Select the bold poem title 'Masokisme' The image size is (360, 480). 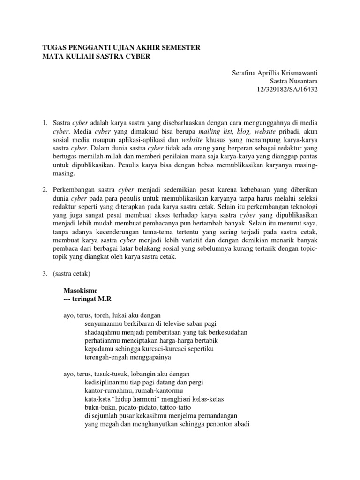[x=81, y=291]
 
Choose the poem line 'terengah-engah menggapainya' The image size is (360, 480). [x=128, y=357]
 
